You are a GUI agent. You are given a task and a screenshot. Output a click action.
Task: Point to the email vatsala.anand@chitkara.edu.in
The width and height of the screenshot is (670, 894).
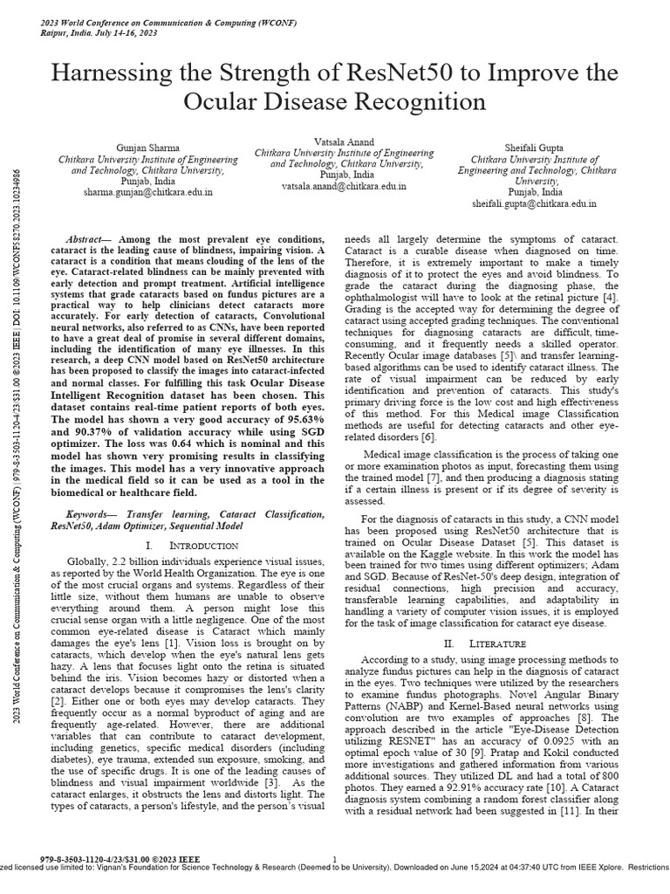pos(343,187)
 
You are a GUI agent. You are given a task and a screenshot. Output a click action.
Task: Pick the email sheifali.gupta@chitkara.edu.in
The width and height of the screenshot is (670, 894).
pos(534,203)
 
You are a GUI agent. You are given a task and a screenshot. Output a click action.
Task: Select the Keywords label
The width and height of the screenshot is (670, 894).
pos(92,515)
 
